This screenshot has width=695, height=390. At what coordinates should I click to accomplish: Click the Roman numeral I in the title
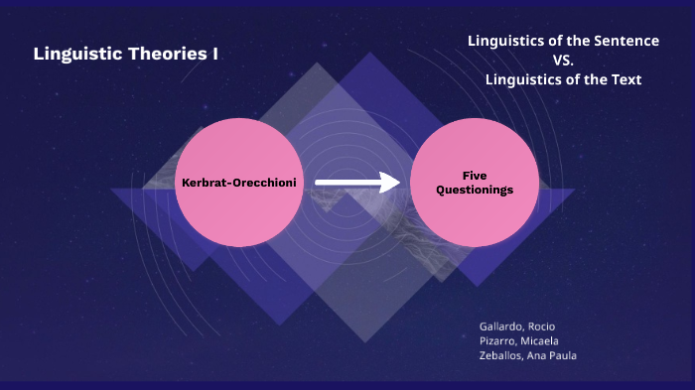point(214,54)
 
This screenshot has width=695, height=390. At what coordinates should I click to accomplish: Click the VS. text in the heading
point(563,61)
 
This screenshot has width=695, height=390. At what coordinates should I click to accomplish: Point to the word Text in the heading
point(624,79)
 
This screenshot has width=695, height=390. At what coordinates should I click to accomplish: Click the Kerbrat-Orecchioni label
point(239,183)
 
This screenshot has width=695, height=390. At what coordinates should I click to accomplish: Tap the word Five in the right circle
point(475,175)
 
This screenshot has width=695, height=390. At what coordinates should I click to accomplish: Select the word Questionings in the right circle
point(475,190)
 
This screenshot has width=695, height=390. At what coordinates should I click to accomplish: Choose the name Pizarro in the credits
point(498,340)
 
